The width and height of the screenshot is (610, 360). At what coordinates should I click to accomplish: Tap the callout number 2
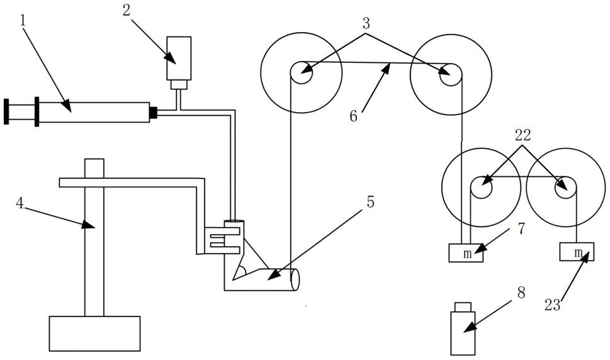click(127, 11)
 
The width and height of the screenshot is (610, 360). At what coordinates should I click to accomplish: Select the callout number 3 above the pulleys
click(366, 23)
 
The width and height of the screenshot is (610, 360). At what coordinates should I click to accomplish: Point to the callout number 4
click(20, 203)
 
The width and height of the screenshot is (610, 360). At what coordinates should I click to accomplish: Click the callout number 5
click(370, 201)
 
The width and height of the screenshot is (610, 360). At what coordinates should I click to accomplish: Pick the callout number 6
click(353, 116)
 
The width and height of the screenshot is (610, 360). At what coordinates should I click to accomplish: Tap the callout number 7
click(521, 228)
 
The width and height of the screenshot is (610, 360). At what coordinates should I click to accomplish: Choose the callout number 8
click(521, 293)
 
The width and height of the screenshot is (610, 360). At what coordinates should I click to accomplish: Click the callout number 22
click(523, 135)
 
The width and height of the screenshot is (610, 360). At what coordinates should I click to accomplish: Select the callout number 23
click(553, 305)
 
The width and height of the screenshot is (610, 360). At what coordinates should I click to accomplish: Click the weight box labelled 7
click(466, 253)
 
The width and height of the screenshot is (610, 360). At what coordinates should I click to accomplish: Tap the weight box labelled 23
click(577, 252)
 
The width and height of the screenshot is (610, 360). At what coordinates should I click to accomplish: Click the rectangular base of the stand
click(94, 334)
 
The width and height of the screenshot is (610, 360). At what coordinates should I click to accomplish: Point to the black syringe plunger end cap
click(6, 112)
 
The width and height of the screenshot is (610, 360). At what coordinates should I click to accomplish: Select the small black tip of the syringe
click(154, 112)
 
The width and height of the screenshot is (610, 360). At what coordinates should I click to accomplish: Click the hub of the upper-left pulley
click(301, 73)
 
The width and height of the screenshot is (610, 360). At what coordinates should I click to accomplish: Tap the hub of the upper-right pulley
click(451, 74)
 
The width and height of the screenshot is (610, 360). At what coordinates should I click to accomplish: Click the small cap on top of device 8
click(463, 307)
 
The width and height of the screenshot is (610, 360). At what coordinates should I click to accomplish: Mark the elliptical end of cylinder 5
click(295, 279)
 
